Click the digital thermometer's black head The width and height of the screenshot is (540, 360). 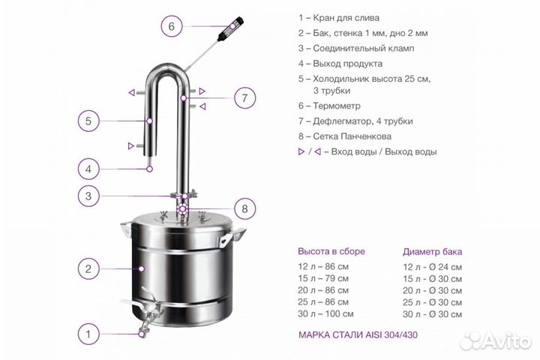pyautogui.click(x=230, y=27)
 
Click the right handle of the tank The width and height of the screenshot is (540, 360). pyautogui.click(x=233, y=236)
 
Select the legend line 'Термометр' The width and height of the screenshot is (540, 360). pyautogui.click(x=329, y=106)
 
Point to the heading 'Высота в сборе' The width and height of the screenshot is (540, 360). pyautogui.click(x=331, y=251)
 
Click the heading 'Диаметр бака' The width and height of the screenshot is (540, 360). pyautogui.click(x=432, y=252)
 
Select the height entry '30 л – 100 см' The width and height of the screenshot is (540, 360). pyautogui.click(x=325, y=313)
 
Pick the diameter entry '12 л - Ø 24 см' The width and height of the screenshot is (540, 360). pyautogui.click(x=433, y=267)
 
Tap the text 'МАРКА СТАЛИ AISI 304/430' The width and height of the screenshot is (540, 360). pyautogui.click(x=358, y=334)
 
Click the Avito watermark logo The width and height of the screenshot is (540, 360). pyautogui.click(x=496, y=341)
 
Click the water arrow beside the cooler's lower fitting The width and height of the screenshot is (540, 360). pyautogui.click(x=130, y=145)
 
